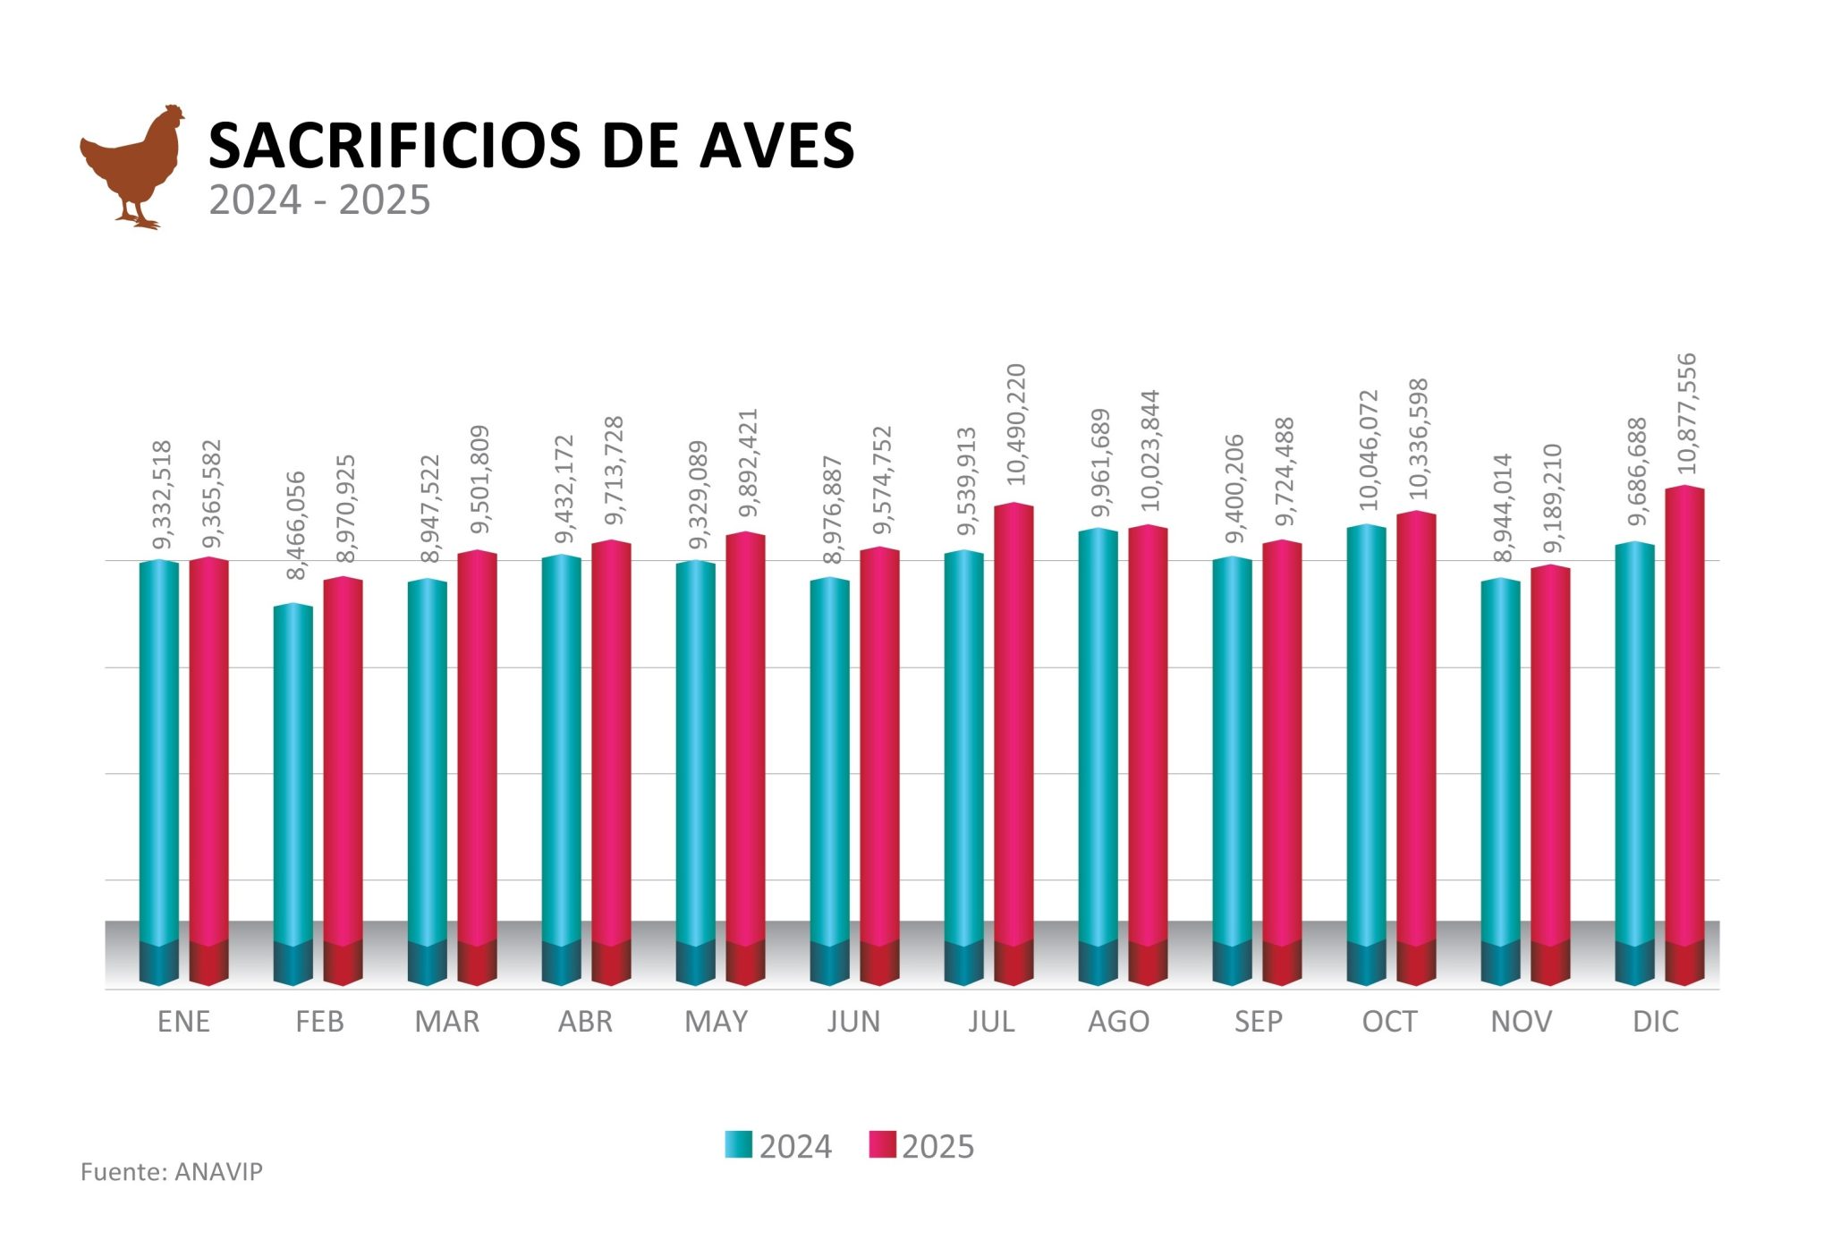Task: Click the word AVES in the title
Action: [x=776, y=145]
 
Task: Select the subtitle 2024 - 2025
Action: [x=319, y=200]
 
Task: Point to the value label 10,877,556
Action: [x=1686, y=413]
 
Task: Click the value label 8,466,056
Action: [x=296, y=525]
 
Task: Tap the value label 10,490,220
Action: [x=1016, y=424]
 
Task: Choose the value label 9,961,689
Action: [x=1101, y=463]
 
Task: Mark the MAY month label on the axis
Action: [x=716, y=1022]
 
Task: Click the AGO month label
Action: [x=1118, y=1022]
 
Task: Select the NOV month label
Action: [x=1521, y=1022]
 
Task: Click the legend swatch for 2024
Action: [x=738, y=1145]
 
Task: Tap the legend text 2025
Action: [x=937, y=1147]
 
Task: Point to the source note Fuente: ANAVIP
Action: [x=172, y=1172]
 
